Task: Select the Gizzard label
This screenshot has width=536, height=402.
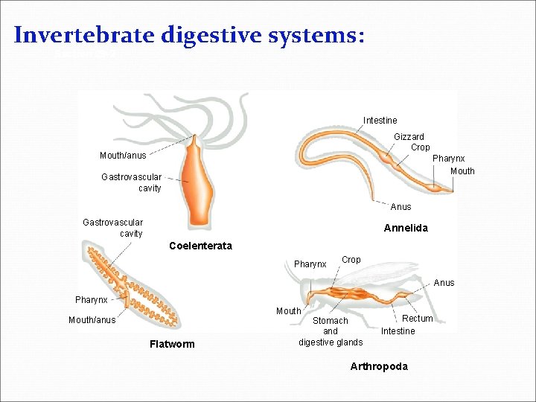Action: coord(409,137)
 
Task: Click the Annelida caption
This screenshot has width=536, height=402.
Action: coord(406,229)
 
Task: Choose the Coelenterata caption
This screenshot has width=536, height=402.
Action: coord(200,246)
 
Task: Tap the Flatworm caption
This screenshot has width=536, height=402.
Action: coord(172,344)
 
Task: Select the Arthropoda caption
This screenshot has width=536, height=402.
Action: coord(379,366)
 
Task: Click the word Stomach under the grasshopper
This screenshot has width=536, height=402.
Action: coord(331,321)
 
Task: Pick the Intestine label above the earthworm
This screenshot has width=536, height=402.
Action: coord(380,121)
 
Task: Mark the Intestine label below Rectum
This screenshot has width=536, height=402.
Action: coord(398,331)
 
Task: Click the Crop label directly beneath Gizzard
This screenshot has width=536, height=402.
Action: coord(420,147)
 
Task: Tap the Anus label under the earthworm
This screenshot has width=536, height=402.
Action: coord(401,207)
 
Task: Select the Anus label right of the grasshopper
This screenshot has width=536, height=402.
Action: coord(444,283)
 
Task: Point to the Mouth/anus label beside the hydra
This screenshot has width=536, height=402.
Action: coord(123,156)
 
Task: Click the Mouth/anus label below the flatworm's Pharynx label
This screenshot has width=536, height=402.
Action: coord(92,320)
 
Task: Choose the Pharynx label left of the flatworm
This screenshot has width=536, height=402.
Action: coord(91,300)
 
